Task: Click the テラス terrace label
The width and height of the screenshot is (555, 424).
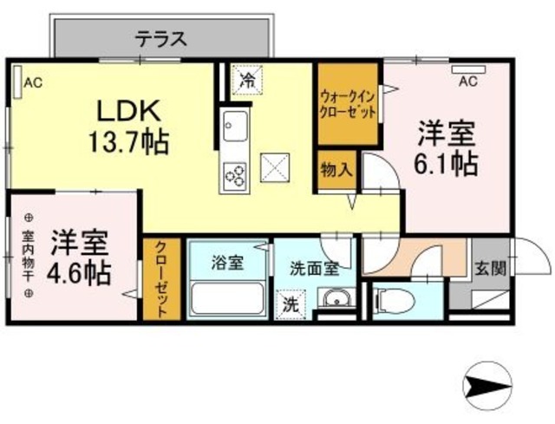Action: coord(160,39)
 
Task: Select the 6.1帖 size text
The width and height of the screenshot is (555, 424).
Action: coord(447,162)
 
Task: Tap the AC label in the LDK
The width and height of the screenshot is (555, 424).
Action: coord(32,83)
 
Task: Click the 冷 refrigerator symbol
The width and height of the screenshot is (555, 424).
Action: coord(247,81)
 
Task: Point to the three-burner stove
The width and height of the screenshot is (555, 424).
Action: coord(235,176)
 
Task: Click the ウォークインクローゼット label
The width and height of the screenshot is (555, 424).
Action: coord(347,104)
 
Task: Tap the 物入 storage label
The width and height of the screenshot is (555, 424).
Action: coord(336,169)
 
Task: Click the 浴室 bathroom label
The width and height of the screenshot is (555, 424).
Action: coord(228,260)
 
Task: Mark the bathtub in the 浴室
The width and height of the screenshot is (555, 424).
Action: coord(228,297)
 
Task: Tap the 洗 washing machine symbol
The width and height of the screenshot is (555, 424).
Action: coord(291,304)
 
